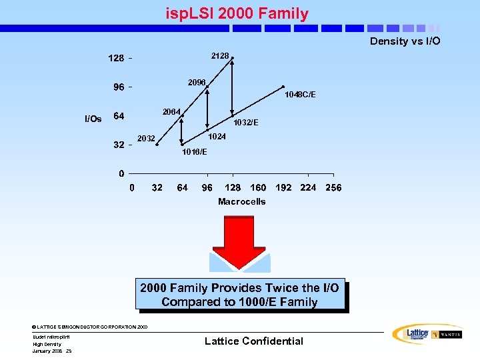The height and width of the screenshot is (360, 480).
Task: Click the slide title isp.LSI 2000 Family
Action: tap(237, 13)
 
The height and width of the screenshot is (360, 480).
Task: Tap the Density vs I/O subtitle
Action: tap(405, 41)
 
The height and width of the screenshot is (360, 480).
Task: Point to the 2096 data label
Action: tap(197, 82)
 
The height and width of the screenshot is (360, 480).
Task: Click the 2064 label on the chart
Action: tap(172, 111)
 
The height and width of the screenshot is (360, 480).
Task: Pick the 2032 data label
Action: tap(146, 139)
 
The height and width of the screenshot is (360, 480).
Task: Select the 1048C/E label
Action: tap(299, 95)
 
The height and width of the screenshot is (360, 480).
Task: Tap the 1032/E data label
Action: tap(246, 123)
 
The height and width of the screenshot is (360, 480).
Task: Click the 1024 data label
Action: tap(217, 136)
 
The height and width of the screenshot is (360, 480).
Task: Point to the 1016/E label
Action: tap(194, 152)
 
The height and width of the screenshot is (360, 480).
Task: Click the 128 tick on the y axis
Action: tap(116, 59)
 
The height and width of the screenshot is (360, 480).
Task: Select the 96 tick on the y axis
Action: tap(119, 87)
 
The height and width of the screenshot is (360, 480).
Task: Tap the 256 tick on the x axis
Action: tap(333, 188)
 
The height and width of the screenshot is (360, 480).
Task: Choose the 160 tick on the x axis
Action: tap(258, 188)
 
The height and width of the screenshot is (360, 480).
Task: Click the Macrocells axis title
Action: tap(241, 201)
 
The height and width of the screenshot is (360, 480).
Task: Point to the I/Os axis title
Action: tap(93, 119)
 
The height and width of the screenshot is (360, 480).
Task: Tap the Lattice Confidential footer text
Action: tap(253, 341)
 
